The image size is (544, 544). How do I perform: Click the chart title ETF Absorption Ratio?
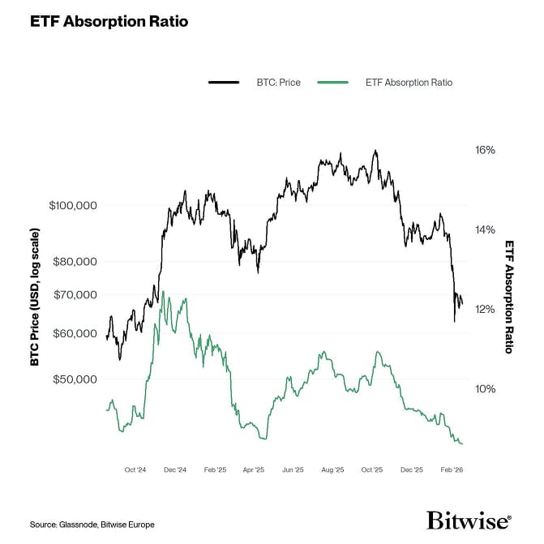pos(109,22)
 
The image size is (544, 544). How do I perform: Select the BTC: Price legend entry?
pos(255,82)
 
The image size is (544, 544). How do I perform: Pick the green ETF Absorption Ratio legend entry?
pos(385,82)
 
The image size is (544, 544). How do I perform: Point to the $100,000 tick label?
pos(73,205)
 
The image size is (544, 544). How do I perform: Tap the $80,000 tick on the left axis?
pos(75,261)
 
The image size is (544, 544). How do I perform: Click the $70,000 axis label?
pos(75,295)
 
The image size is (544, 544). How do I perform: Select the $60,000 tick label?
pos(75,333)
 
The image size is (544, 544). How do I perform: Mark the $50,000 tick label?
pos(75,379)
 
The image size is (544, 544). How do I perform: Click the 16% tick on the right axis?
pos(485,151)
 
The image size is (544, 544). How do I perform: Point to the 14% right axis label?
pos(485,229)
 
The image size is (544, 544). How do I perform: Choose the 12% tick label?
pos(485,309)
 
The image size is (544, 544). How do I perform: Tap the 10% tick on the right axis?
pos(485,388)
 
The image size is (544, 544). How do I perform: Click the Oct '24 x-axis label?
pos(135,469)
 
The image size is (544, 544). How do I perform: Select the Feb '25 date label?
pos(215,469)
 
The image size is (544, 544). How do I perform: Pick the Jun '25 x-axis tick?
pos(293,469)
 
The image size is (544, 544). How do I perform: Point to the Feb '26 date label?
pos(452,469)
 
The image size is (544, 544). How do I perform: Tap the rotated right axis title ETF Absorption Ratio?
pos(509,296)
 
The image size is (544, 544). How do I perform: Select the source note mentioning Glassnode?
pos(92,525)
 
